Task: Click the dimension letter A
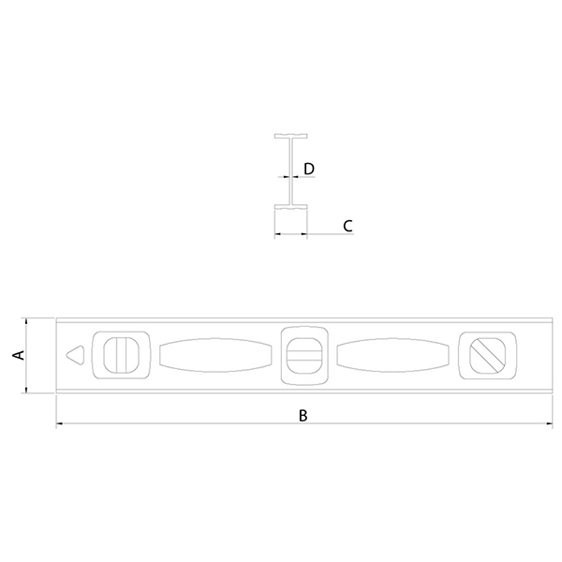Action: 19,355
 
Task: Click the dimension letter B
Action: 303,415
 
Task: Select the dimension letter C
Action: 348,226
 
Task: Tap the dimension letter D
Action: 309,169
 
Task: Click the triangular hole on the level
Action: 75,355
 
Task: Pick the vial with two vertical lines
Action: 121,355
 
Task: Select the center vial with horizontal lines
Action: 303,356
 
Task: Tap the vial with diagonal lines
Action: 488,356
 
